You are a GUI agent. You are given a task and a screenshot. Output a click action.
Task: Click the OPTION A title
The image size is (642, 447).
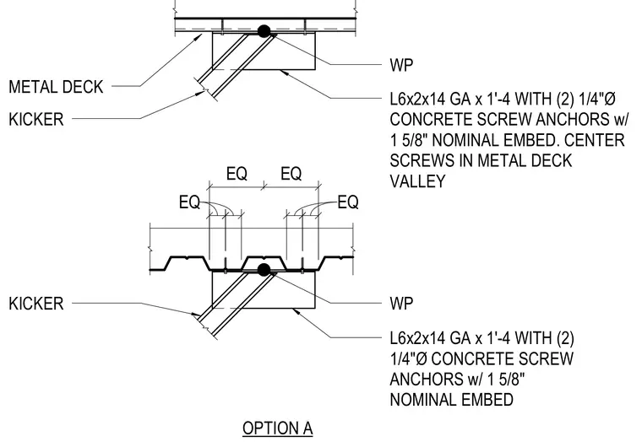tap(278, 428)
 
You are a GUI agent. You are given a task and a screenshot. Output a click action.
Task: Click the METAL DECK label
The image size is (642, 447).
tap(56, 87)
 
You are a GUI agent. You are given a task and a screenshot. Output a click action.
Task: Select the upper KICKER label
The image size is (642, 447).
tap(36, 120)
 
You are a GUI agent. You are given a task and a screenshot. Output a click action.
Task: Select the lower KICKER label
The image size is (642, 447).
tap(36, 304)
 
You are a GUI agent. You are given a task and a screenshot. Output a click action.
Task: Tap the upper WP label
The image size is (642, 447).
tap(401, 65)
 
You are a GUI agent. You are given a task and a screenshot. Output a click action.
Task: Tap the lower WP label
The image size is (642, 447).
tap(401, 304)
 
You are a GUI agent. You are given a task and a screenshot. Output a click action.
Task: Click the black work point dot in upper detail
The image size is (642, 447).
tap(264, 31)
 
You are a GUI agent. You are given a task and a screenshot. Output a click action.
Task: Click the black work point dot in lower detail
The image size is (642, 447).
tap(264, 270)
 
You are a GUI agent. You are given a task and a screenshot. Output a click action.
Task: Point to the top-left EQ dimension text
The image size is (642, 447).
tap(237, 174)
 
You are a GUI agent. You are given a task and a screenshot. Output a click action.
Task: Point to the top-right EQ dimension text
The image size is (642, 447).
tap(291, 174)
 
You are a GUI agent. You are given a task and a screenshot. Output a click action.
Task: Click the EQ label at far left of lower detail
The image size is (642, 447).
tap(189, 202)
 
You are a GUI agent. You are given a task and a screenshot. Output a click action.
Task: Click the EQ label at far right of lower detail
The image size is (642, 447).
tap(348, 202)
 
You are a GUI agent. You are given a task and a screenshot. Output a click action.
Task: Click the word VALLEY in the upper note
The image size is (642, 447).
tap(417, 181)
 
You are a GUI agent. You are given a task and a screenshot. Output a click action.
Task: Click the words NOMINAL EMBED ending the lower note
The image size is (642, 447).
tap(452, 400)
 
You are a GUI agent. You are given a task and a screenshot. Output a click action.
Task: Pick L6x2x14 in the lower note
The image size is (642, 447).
tap(417, 338)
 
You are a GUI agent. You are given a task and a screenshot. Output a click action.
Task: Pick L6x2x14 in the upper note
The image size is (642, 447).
tap(417, 99)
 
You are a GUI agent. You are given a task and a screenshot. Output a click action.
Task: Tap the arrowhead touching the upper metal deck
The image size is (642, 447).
tap(199, 37)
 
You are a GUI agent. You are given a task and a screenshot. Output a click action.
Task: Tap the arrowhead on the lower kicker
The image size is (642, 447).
tap(195, 315)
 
